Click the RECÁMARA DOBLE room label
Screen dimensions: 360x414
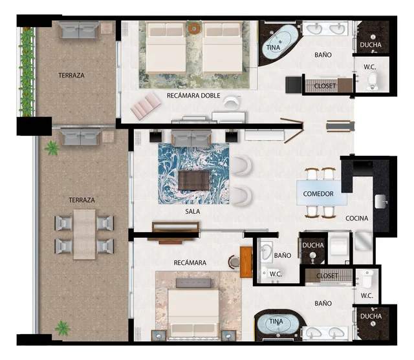193,96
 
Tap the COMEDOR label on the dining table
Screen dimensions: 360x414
318,194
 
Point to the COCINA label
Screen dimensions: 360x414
356,218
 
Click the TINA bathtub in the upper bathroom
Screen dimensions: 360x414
278,44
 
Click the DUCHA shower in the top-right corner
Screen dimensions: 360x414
371,45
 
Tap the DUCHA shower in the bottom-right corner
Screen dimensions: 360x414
371,317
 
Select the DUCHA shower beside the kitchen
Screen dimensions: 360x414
313,246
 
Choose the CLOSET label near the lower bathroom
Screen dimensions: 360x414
327,276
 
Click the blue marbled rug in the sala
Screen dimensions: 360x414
193,173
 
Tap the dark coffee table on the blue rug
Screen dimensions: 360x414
194,180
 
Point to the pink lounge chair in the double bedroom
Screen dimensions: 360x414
146,105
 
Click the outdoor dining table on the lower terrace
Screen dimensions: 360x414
83,234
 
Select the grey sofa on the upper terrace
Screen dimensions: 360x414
78,30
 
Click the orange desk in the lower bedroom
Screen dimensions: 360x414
246,262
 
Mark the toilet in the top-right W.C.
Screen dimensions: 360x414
371,81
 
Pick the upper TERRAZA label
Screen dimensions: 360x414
71,75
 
